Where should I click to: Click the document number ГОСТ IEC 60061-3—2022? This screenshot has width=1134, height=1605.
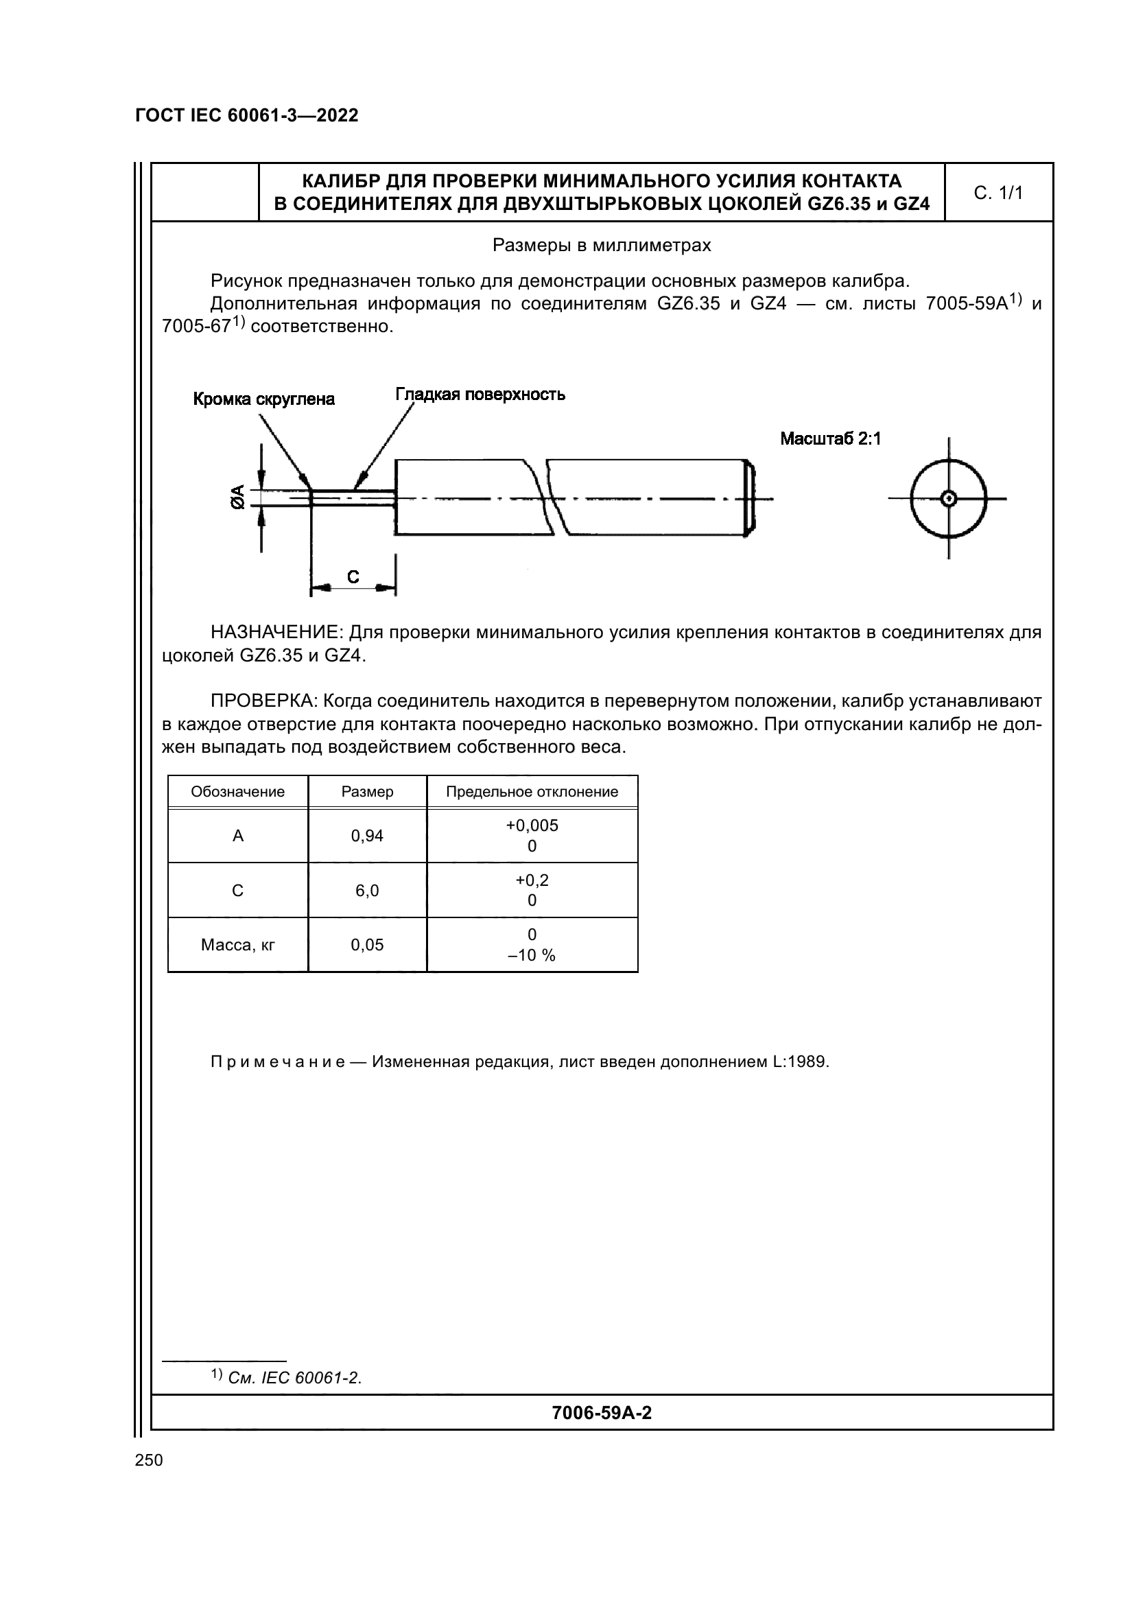pyautogui.click(x=247, y=116)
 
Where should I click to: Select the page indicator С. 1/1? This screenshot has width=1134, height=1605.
pyautogui.click(x=997, y=193)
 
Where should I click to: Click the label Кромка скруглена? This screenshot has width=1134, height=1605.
pyautogui.click(x=263, y=399)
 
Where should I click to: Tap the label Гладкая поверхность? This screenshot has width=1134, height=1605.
pyautogui.click(x=480, y=395)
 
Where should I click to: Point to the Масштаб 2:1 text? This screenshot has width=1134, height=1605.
pyautogui.click(x=830, y=439)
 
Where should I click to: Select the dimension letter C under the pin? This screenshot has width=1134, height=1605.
pyautogui.click(x=353, y=577)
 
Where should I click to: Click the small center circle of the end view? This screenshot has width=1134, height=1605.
pyautogui.click(x=948, y=498)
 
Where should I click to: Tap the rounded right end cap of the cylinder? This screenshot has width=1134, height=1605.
pyautogui.click(x=750, y=497)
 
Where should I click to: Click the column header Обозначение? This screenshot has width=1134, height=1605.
pyautogui.click(x=237, y=792)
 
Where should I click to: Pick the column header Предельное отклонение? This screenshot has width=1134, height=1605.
pyautogui.click(x=532, y=792)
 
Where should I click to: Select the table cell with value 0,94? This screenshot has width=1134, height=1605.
pyautogui.click(x=367, y=836)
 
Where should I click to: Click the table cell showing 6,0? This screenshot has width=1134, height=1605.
pyautogui.click(x=367, y=891)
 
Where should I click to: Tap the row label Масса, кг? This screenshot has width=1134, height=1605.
pyautogui.click(x=237, y=945)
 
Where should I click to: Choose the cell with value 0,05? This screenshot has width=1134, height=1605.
pyautogui.click(x=367, y=945)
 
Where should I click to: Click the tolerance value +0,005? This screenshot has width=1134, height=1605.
pyautogui.click(x=532, y=825)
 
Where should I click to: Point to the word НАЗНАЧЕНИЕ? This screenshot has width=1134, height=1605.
pyautogui.click(x=276, y=633)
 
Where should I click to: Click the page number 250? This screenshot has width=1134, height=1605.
pyautogui.click(x=149, y=1460)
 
